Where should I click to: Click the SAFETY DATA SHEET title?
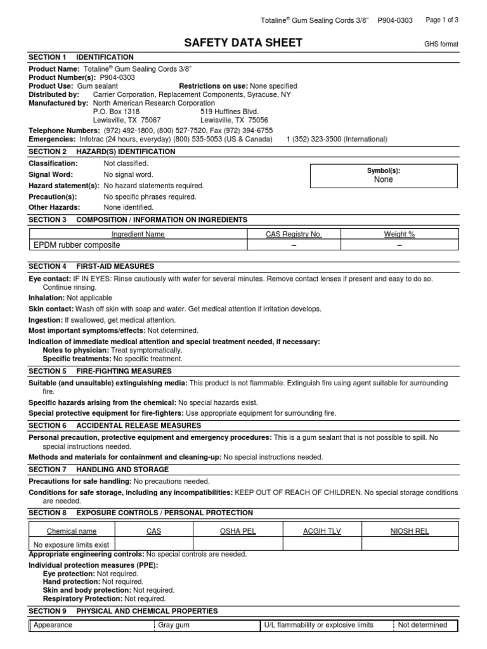(243, 42)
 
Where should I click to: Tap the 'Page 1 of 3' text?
(442, 20)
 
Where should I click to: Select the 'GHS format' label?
(441, 44)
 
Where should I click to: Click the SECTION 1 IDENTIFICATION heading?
(81, 57)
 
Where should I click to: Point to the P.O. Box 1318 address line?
(116, 111)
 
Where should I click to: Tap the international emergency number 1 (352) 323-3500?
(337, 139)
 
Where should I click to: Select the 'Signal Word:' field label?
(51, 174)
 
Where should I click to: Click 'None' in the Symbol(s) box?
(384, 180)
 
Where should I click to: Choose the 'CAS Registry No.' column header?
(294, 234)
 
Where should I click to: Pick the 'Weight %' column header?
(399, 234)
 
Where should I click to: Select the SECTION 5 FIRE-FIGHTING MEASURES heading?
(100, 371)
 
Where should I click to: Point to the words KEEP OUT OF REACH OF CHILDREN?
(297, 492)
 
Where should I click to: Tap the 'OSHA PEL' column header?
(237, 531)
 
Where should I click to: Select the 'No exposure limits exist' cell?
(71, 544)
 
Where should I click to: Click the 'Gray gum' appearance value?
(174, 625)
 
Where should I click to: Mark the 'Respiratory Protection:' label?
(82, 598)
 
